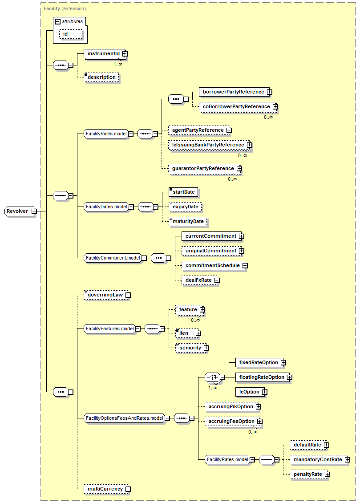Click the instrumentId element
click(x=103, y=54)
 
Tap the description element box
click(x=101, y=77)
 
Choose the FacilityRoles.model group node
click(x=106, y=133)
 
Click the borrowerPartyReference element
click(x=233, y=92)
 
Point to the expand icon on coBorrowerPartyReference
click(x=275, y=107)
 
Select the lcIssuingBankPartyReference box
click(x=207, y=145)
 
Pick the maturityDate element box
click(x=188, y=221)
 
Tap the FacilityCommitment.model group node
click(x=113, y=258)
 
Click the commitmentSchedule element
click(x=212, y=266)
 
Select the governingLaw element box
click(x=105, y=295)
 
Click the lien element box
click(x=184, y=333)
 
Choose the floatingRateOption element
click(x=261, y=377)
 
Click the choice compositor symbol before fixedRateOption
click(x=211, y=377)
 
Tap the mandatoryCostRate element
click(x=317, y=459)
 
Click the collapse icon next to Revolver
click(x=34, y=211)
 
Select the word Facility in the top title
click(x=51, y=8)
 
